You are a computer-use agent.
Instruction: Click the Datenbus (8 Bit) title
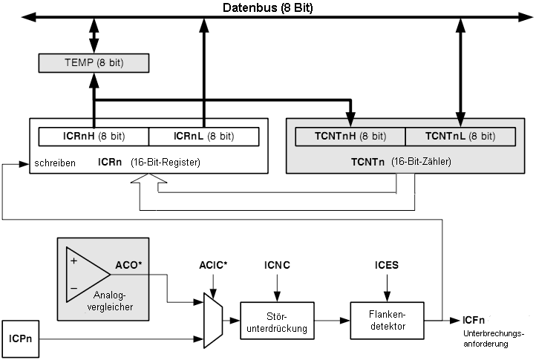pos(267,8)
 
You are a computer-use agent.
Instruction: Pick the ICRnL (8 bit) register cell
pos(203,137)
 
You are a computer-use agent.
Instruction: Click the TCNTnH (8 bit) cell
pos(350,137)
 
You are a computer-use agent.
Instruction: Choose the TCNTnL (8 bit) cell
pos(460,137)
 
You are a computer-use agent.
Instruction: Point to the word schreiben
pos(54,161)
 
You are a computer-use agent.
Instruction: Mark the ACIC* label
pos(214,264)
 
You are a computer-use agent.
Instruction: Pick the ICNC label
pos(277,264)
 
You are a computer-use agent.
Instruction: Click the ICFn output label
pos(474,319)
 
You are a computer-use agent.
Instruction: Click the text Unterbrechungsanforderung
pos(492,338)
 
